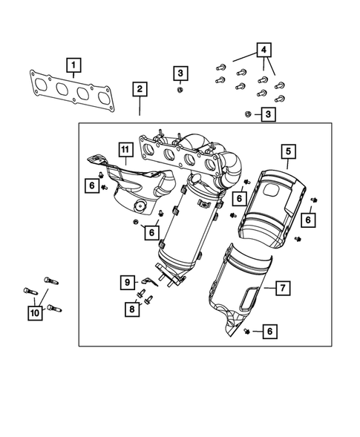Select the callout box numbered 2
click(140, 89)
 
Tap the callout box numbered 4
click(264, 51)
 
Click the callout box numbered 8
click(131, 309)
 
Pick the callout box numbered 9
click(127, 282)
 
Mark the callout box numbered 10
click(34, 313)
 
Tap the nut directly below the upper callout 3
click(180, 91)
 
